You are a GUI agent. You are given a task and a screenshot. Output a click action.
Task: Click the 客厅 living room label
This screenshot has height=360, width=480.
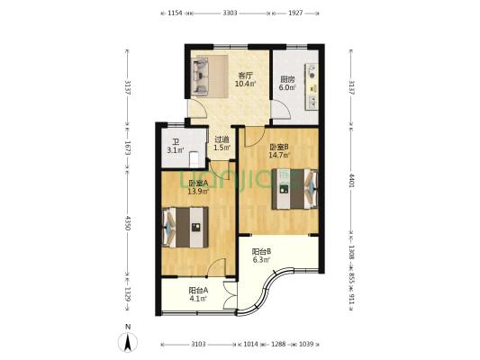(x=246, y=76)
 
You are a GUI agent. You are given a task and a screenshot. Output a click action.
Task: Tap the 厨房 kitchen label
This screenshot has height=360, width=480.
(x=287, y=79)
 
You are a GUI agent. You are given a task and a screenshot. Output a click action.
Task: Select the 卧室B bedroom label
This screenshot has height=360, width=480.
(x=278, y=148)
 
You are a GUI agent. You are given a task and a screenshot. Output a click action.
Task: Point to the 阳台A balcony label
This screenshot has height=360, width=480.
(x=198, y=290)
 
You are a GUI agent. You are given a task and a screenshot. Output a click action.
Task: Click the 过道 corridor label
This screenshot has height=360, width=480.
(x=222, y=139)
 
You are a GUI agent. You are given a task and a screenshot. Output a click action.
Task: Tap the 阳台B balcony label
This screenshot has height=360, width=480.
(x=261, y=252)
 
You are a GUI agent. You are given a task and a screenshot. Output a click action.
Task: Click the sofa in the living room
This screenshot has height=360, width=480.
(x=200, y=76)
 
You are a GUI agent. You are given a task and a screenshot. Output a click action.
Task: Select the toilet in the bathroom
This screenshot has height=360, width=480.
(x=195, y=159)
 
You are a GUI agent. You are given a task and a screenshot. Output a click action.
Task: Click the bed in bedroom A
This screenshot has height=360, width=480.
(x=186, y=228)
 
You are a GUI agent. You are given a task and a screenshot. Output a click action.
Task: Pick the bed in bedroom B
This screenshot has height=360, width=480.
(x=295, y=189)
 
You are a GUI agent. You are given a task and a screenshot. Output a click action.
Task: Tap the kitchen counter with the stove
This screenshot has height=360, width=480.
(x=312, y=86)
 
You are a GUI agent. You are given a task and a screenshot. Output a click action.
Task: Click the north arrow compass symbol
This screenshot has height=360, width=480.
(x=128, y=342)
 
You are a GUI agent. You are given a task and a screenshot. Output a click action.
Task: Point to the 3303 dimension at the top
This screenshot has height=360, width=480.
(x=230, y=13)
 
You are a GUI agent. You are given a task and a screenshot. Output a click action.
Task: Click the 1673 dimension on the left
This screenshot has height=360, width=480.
(x=127, y=148)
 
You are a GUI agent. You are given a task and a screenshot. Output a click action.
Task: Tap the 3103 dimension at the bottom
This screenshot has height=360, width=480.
(x=198, y=344)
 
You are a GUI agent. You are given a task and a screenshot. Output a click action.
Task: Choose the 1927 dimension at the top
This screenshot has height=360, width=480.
(x=295, y=13)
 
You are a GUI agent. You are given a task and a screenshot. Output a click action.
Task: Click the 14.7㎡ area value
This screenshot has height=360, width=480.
(x=279, y=156)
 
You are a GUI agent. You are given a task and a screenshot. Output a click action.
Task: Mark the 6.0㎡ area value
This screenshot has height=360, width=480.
(x=287, y=87)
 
